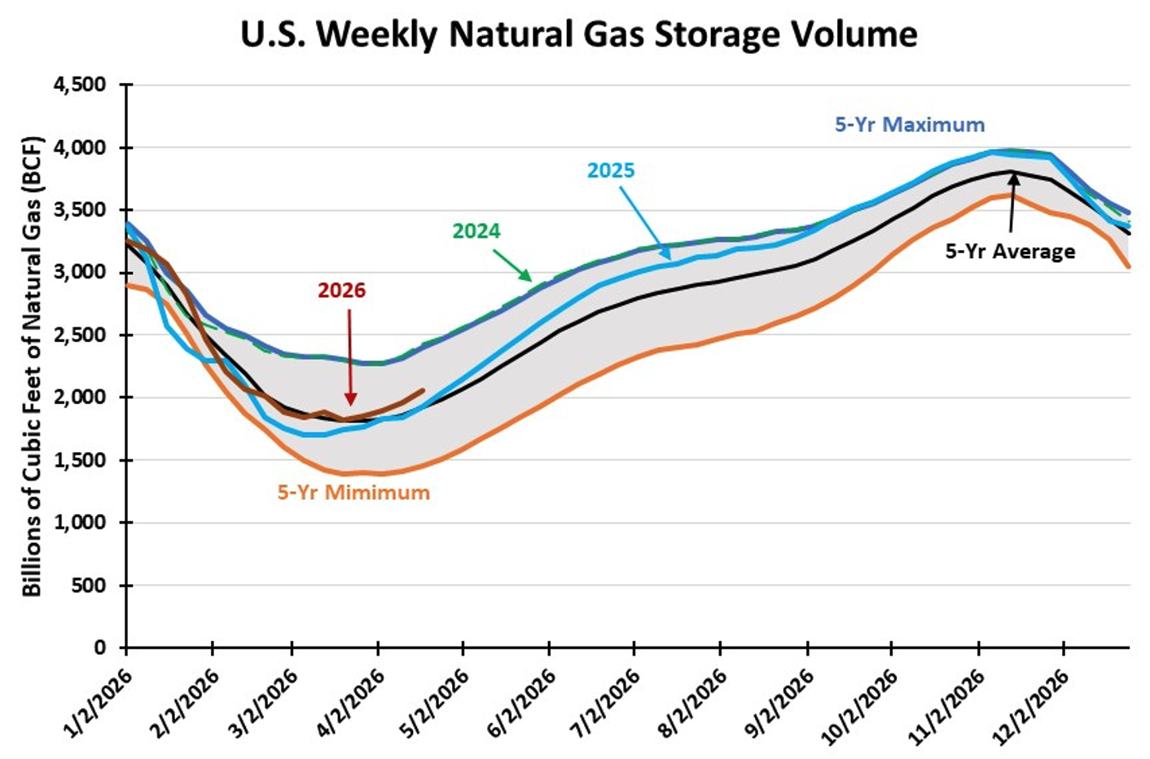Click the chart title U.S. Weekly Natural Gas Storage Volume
578,34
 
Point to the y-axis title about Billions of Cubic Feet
32,366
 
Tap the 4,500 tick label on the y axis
80,85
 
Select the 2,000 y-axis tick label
80,397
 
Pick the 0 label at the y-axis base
100,648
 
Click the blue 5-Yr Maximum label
910,125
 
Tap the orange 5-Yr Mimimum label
353,493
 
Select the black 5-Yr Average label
1011,252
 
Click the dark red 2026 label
341,291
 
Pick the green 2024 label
476,231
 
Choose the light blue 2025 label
611,170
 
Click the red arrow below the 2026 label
350,358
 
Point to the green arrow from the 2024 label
512,265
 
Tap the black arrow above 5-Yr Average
1012,204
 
